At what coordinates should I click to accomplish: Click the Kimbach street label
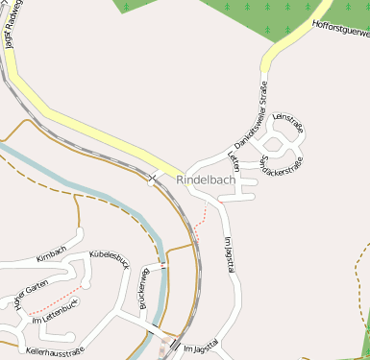(51, 252)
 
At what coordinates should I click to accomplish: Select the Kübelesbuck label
(109, 259)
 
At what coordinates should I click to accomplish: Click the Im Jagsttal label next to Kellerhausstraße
(202, 347)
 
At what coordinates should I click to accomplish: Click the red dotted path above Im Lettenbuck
(58, 300)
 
